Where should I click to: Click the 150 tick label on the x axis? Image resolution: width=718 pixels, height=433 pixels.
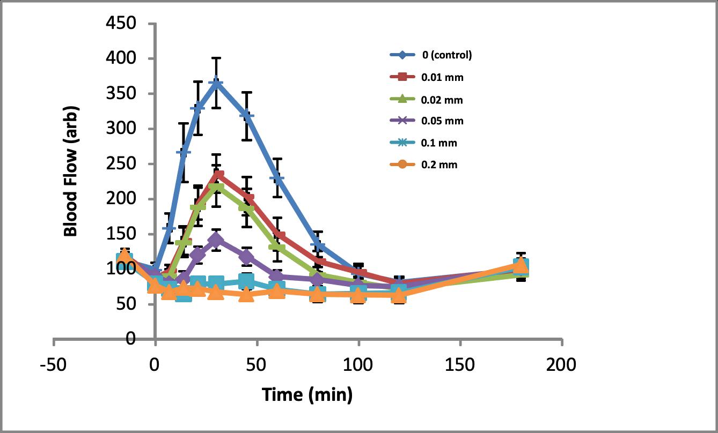click(460, 365)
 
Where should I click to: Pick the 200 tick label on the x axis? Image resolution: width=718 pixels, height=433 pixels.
click(562, 365)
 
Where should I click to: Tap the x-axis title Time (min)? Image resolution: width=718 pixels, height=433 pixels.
click(307, 395)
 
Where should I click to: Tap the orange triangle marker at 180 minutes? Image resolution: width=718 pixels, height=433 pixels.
click(521, 265)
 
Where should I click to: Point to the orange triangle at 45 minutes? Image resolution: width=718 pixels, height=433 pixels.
click(247, 294)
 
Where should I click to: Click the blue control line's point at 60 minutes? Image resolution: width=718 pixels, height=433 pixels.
click(277, 177)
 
